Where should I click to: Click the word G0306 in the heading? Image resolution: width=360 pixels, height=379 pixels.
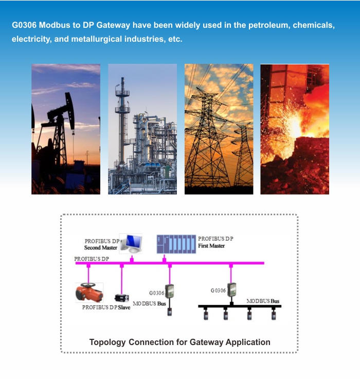point(24,25)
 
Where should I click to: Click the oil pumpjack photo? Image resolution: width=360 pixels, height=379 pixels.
point(66,129)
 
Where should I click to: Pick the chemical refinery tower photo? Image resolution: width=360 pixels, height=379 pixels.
point(142,129)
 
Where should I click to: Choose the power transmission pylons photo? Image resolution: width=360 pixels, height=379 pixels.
point(219,129)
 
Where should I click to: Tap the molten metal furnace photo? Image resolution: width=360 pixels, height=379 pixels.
point(295,129)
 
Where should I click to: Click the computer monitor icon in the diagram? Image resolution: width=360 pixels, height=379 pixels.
point(131,244)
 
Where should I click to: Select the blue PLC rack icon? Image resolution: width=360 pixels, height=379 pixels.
point(176,244)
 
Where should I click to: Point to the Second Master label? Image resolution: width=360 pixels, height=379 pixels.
point(101,248)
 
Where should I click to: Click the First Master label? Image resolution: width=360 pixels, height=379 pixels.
point(211,246)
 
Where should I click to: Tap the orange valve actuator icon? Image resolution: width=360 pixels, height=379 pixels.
point(89,292)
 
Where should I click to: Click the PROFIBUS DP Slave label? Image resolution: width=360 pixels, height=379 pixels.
point(106,307)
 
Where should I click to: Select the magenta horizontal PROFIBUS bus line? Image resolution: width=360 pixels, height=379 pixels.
point(170,263)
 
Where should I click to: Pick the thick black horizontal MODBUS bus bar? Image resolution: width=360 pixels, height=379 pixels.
point(240,306)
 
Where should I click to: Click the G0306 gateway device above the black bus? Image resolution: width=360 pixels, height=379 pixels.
point(232,290)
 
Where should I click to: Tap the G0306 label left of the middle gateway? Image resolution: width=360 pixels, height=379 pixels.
point(156,293)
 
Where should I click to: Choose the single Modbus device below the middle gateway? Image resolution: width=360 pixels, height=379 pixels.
point(170,312)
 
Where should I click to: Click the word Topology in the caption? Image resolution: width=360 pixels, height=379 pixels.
point(107,342)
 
